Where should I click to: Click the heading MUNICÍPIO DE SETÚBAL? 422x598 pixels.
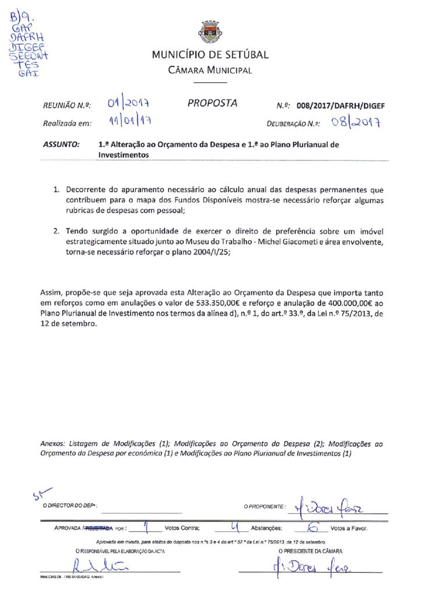[210, 55]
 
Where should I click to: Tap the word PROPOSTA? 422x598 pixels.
[212, 103]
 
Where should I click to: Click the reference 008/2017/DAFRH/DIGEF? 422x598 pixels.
[340, 106]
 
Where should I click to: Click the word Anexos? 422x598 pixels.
[56, 444]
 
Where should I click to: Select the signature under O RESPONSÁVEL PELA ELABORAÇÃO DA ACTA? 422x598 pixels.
[99, 566]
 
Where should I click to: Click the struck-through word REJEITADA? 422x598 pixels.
[100, 528]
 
